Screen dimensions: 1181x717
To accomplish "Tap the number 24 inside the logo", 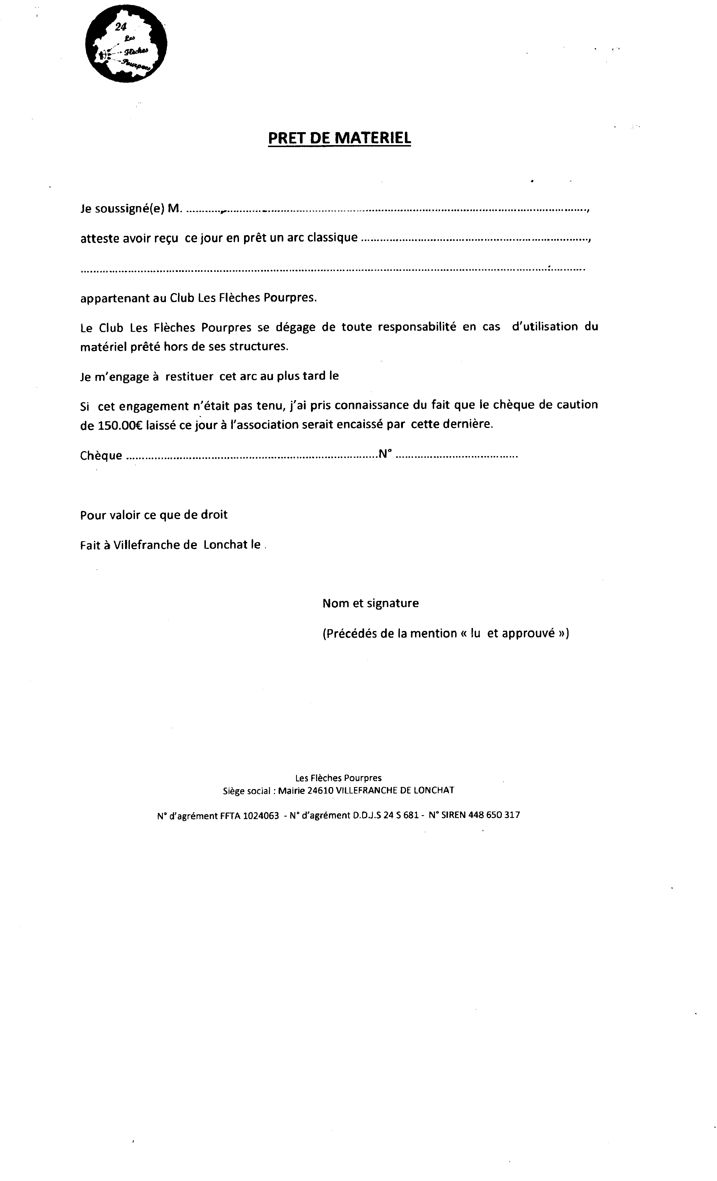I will tap(120, 27).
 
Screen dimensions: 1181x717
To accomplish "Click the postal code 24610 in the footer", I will tap(320, 790).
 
